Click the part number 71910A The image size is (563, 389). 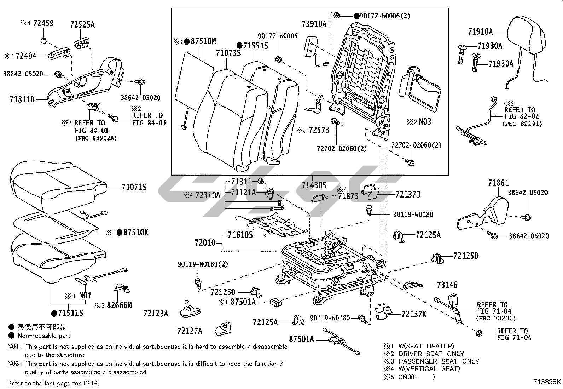[480, 32]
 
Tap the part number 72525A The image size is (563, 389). [82, 25]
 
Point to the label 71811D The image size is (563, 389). [22, 100]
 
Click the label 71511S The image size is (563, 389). [71, 313]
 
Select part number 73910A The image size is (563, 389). [314, 24]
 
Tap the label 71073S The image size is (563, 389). [228, 53]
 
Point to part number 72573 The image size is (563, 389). [319, 130]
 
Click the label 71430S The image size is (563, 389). [314, 185]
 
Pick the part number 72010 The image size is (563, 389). [205, 243]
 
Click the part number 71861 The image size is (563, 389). [498, 183]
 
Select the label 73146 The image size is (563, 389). [447, 285]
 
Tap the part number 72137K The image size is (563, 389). [414, 314]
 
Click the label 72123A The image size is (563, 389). [156, 313]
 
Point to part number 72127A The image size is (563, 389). [190, 331]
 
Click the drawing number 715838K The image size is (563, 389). [547, 382]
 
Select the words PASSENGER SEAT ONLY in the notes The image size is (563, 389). [439, 361]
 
